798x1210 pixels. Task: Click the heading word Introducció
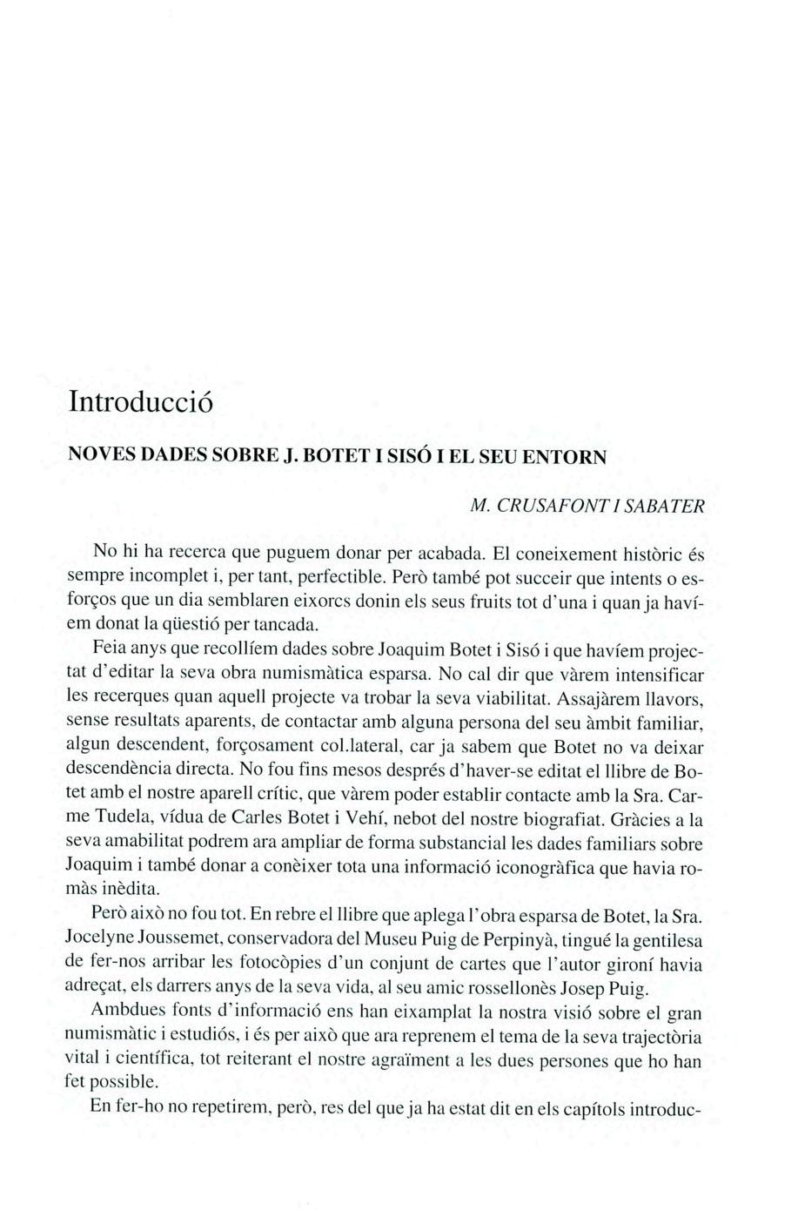[140, 402]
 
